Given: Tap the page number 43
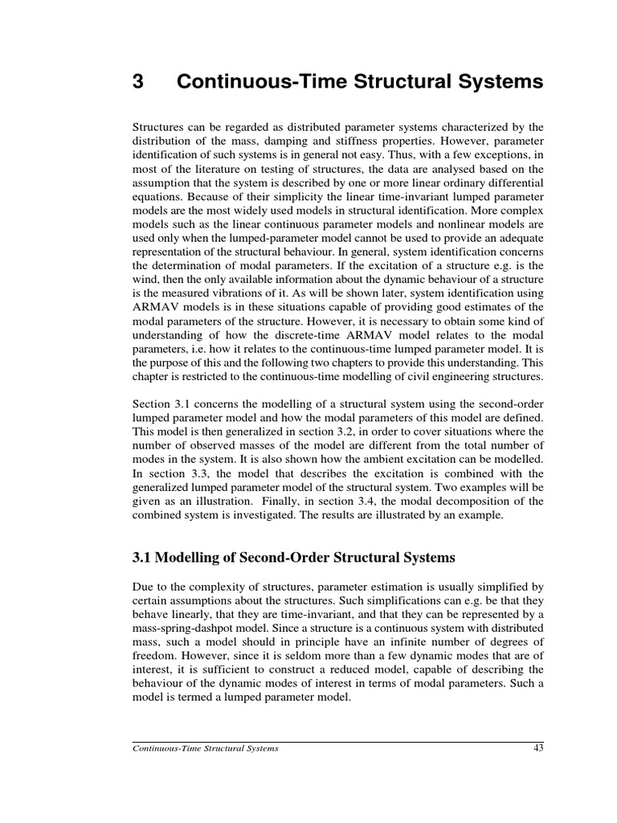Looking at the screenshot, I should pos(538,749).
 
